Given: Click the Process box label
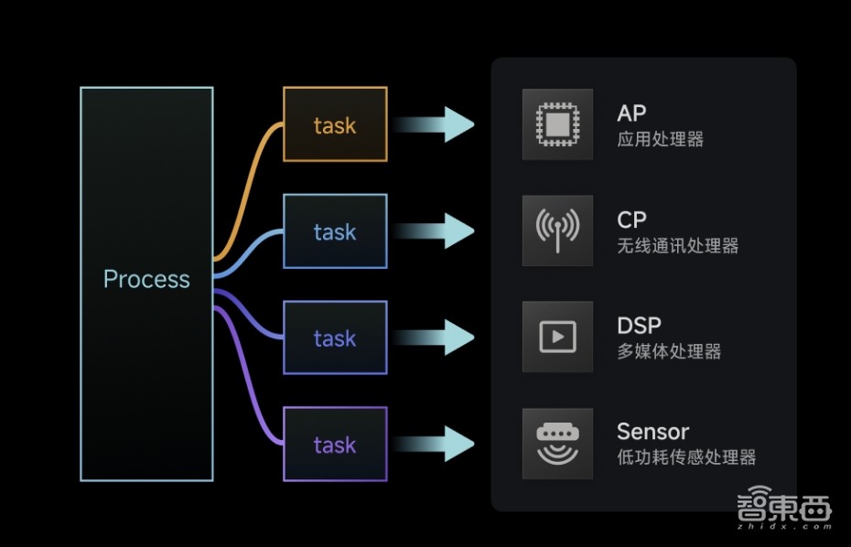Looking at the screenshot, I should (x=146, y=279).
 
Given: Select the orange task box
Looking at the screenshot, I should (x=335, y=124).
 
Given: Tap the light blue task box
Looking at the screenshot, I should (x=335, y=231).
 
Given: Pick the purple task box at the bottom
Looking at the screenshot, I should (x=335, y=445).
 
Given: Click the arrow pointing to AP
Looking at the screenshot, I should (x=439, y=124).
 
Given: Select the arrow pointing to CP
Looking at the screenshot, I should (x=439, y=231).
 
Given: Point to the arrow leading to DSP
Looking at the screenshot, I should (x=439, y=338).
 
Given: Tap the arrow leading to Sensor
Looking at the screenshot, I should (x=439, y=445).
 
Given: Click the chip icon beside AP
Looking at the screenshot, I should (x=557, y=124).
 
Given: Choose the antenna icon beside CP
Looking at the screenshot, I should (x=557, y=231).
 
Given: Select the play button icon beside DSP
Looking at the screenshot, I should (x=557, y=337).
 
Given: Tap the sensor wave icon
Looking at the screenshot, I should (x=557, y=444).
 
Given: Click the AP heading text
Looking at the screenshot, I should (x=632, y=113).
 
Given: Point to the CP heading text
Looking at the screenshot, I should (x=632, y=220).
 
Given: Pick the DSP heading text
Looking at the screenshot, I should (x=639, y=326).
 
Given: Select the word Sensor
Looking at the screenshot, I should (x=652, y=432).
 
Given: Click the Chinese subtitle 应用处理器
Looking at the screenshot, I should (x=660, y=140).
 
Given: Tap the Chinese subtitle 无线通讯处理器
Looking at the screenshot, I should (x=677, y=246).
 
